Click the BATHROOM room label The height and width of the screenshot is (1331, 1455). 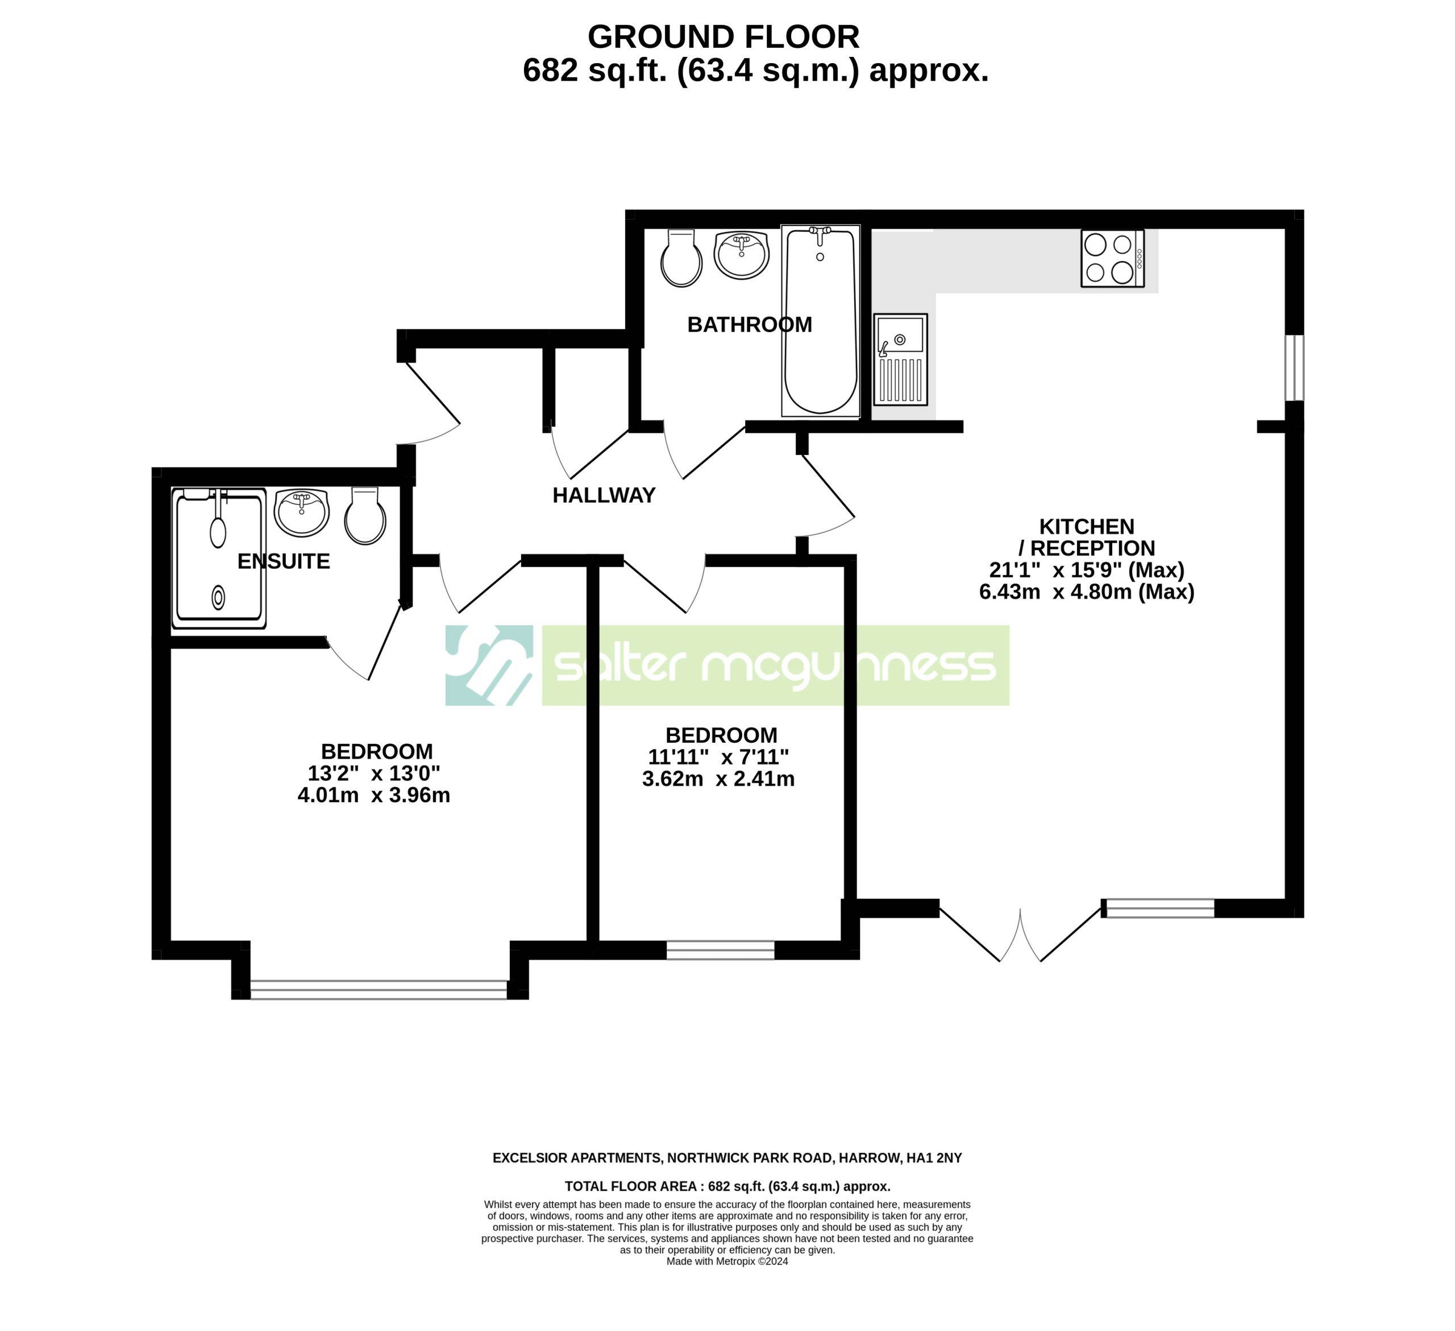coord(749,325)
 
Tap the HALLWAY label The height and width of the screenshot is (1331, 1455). coord(604,495)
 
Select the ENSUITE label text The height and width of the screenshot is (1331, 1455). coord(284,561)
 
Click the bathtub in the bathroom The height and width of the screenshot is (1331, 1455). coord(821,321)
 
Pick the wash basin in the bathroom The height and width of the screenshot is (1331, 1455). coord(741,254)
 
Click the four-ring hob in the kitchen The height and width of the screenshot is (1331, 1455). coord(1112,259)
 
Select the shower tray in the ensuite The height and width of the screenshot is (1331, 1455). coord(219,558)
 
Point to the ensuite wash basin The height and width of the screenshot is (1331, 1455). coord(302,512)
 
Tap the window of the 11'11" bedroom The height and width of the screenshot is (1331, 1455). coord(720,950)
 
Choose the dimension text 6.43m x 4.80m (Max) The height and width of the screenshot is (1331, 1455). coord(1087,592)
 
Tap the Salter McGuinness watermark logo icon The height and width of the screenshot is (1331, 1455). coord(489,665)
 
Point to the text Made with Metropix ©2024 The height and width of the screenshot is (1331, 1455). coord(727,1262)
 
